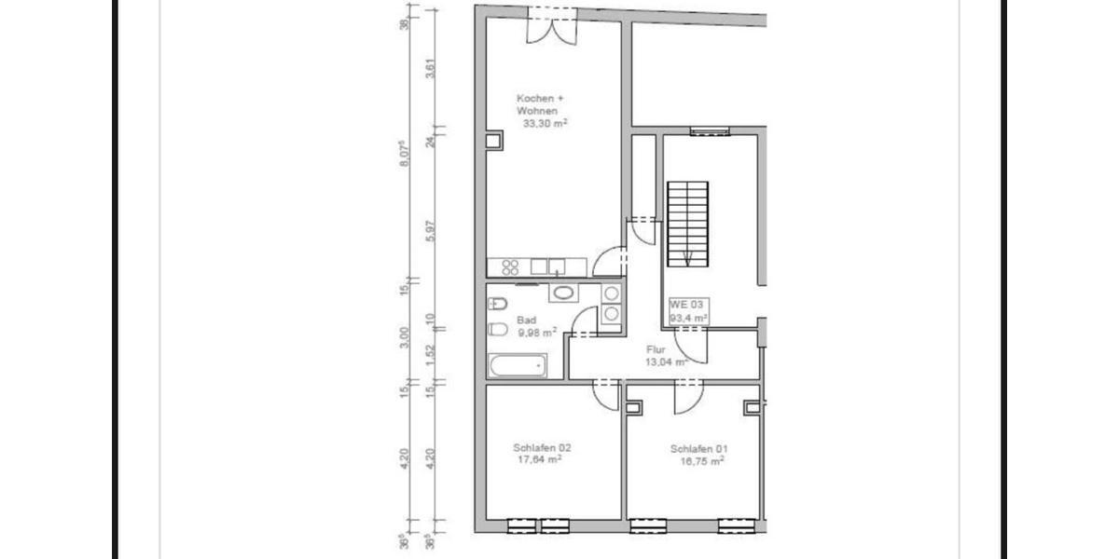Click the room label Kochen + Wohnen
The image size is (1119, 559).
[541, 103]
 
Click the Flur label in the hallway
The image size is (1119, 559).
[656, 349]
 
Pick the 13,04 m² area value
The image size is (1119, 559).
[667, 361]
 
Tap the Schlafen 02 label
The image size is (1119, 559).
[542, 447]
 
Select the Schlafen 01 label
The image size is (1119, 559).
[698, 448]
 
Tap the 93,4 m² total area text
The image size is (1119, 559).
[689, 318]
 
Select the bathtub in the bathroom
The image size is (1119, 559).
[517, 366]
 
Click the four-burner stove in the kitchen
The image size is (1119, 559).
[510, 266]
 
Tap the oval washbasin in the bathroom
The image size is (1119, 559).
[563, 293]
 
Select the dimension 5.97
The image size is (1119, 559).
[430, 230]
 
